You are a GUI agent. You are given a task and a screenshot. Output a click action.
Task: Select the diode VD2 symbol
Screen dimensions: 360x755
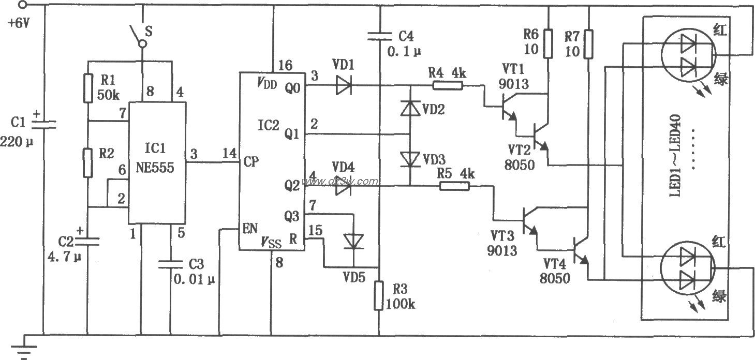coord(409,108)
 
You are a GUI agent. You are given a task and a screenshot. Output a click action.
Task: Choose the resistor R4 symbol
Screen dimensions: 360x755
coord(448,85)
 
